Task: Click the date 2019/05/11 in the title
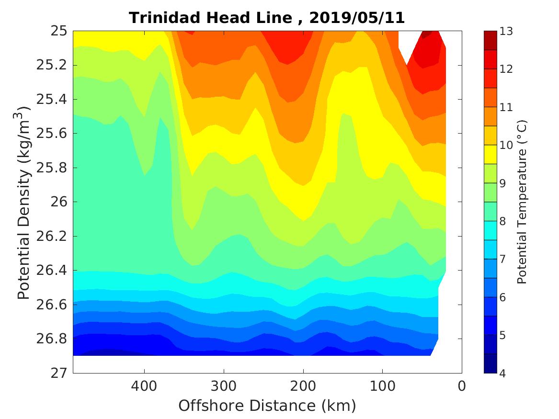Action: point(357,18)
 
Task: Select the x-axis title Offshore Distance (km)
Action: point(267,406)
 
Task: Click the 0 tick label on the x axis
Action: point(462,385)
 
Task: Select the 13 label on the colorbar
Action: point(506,32)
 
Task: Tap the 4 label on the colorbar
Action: point(503,373)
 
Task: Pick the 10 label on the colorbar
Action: point(506,145)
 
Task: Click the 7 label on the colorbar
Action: point(503,259)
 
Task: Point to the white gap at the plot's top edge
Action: point(407,43)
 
